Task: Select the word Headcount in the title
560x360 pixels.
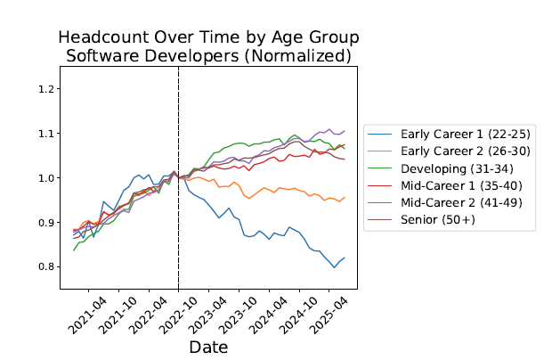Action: [107, 38]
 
